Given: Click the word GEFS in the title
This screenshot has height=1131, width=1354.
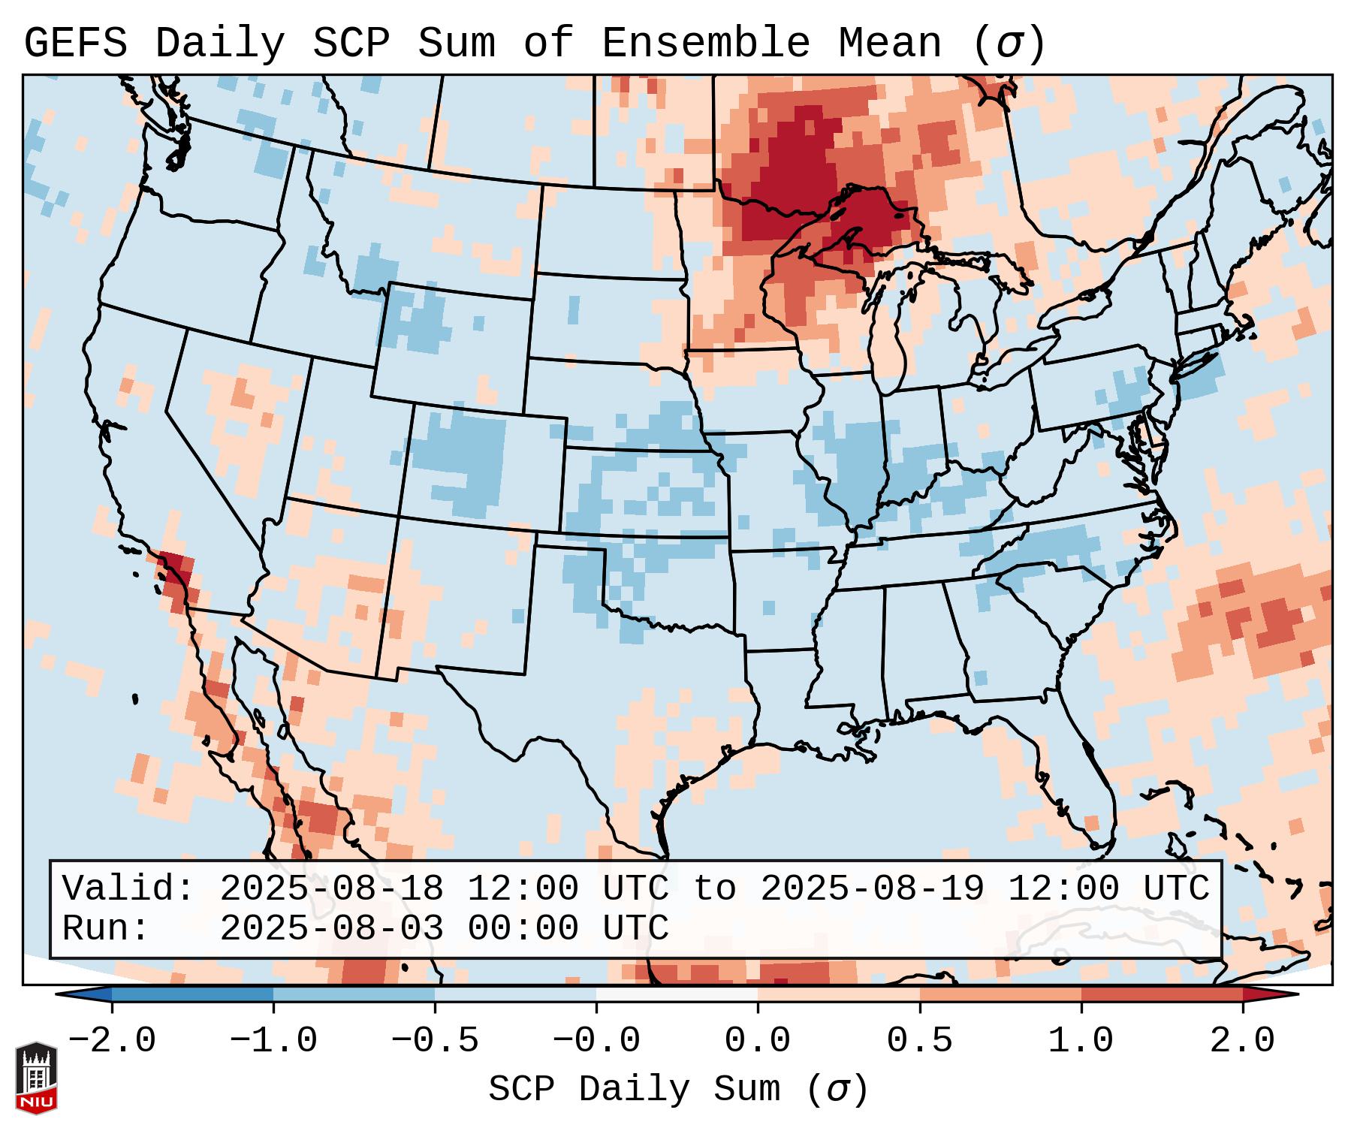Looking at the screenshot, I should click(x=75, y=44).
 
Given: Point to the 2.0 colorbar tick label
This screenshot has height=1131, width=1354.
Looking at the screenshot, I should click(x=1242, y=1041).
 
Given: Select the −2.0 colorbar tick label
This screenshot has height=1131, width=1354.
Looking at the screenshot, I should click(x=112, y=1041).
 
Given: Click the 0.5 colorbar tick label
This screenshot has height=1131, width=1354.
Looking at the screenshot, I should click(x=919, y=1041).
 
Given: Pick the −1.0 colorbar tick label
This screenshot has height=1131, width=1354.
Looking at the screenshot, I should click(x=273, y=1041).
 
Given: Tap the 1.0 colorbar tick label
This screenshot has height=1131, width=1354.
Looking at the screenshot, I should click(x=1081, y=1041).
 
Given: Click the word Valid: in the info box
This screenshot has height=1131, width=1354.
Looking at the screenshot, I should click(x=128, y=888).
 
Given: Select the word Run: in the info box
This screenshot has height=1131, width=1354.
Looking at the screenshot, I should click(x=106, y=928).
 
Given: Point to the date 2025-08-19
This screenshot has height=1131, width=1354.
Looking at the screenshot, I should click(x=872, y=888).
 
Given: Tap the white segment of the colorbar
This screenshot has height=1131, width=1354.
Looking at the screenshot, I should click(x=677, y=994).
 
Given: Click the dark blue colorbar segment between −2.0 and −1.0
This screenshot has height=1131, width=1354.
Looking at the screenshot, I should click(x=192, y=994).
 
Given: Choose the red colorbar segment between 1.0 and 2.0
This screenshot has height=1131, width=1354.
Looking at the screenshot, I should click(x=1161, y=994).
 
